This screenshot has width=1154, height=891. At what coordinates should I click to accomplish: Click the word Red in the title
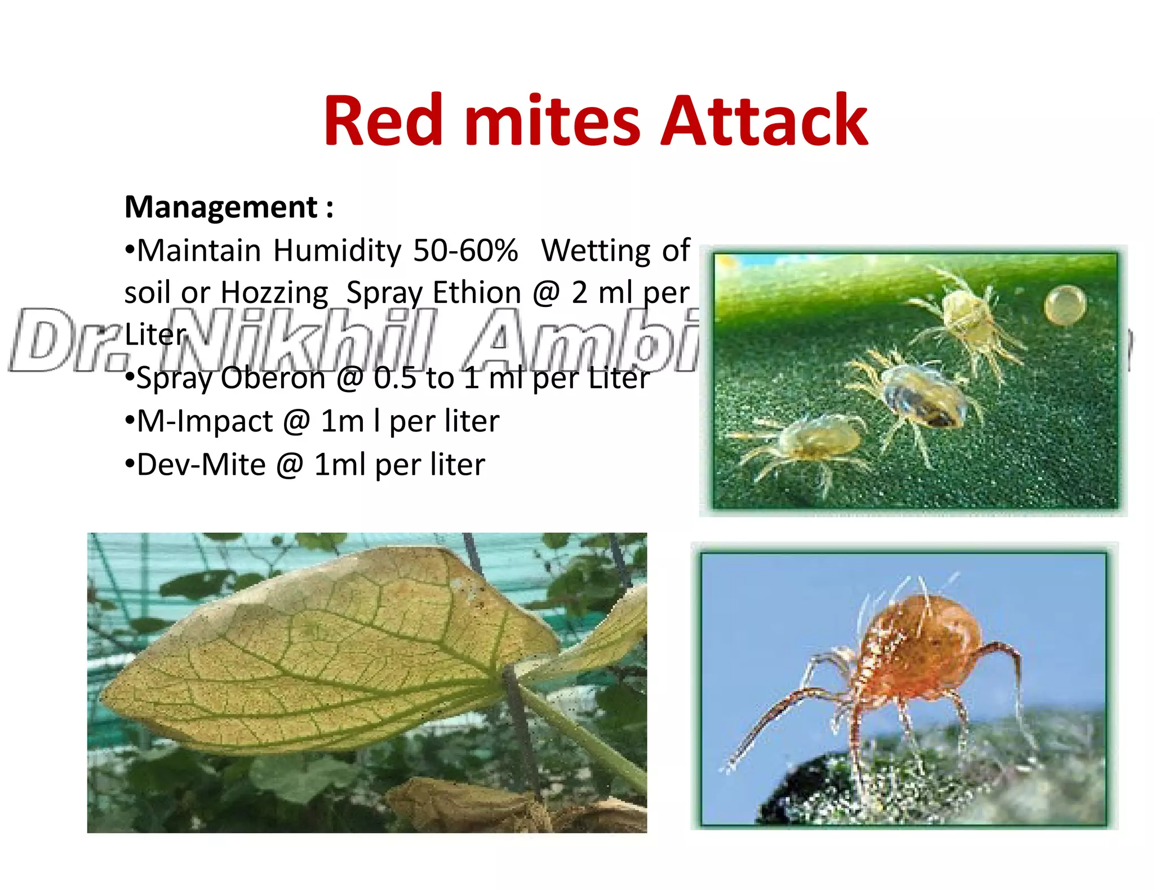383,121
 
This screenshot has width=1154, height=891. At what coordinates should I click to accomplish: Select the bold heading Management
221,207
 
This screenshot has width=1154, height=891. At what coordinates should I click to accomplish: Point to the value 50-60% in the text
465,251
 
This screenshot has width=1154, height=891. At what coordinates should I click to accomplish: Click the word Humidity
337,251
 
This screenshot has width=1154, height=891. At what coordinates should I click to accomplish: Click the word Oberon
273,378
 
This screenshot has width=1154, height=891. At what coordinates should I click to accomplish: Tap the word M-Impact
205,421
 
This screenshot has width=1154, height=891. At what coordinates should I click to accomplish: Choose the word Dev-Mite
201,465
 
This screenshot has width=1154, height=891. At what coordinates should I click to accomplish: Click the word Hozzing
274,293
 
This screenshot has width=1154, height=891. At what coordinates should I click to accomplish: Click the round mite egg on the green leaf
1064,305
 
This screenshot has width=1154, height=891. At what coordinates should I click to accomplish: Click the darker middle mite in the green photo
922,396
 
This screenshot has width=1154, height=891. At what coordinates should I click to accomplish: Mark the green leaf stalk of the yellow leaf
586,727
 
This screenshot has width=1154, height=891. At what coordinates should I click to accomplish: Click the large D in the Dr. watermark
42,341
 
